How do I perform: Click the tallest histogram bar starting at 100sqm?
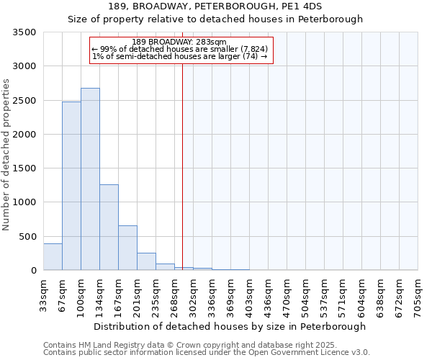pos(90,179)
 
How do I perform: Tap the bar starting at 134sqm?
pos(109,228)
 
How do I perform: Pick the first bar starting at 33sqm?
pos(53,257)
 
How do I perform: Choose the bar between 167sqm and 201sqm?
pos(127,248)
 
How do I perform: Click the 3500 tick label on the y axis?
pos(24,33)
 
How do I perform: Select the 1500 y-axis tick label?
pos(24,168)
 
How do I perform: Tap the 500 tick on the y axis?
pos(27,236)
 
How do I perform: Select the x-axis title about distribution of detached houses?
pos(230,326)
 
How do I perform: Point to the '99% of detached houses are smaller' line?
pos(180,49)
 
